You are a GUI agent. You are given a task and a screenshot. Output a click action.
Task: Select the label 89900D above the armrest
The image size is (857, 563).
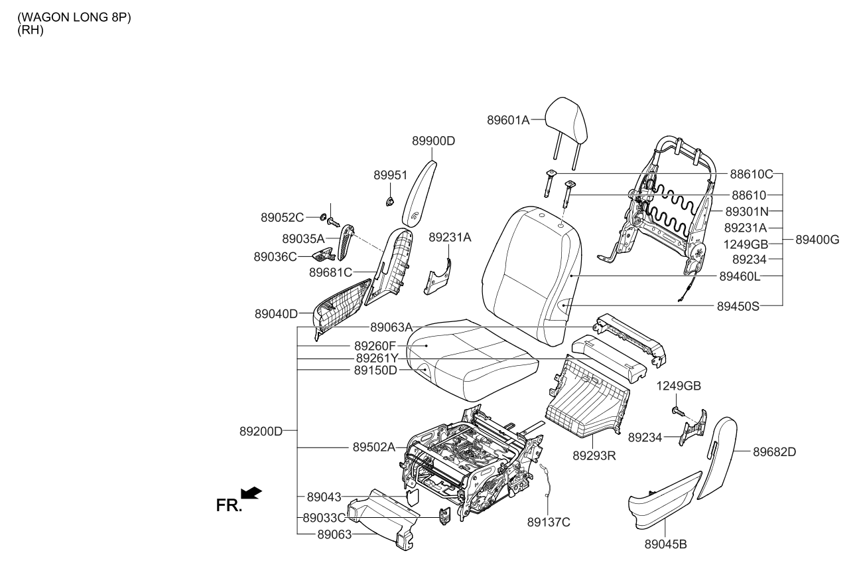tap(434, 141)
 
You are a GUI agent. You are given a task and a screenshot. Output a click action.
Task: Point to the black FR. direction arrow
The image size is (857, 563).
tap(251, 493)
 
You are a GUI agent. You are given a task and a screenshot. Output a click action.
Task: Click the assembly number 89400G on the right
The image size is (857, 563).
tap(817, 240)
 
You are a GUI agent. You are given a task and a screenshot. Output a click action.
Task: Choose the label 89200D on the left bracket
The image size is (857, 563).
tap(261, 431)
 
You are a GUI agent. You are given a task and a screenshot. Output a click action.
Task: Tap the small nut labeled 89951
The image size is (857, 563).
tap(390, 200)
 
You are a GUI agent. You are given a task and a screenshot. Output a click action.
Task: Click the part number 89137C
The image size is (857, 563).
tap(548, 522)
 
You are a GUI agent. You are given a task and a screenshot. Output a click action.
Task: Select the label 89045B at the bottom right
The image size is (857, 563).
tap(665, 544)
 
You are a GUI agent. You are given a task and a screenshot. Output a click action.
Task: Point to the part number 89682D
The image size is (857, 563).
tap(774, 452)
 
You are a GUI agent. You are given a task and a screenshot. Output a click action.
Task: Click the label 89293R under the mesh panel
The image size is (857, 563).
tap(595, 456)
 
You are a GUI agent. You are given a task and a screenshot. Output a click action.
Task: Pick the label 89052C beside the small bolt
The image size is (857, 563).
tap(282, 217)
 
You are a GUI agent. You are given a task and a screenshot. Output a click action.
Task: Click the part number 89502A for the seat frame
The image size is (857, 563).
tap(374, 447)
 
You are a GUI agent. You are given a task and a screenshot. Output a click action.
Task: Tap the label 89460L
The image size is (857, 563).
tap(738, 275)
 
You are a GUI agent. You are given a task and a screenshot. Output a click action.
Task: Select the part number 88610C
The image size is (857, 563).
tap(752, 174)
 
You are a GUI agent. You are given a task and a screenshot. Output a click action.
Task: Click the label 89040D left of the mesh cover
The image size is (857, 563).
tap(276, 314)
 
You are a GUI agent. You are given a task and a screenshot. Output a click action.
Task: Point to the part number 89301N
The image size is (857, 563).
tap(746, 211)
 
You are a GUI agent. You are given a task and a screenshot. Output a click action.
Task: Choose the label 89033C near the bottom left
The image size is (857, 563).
tap(324, 517)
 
